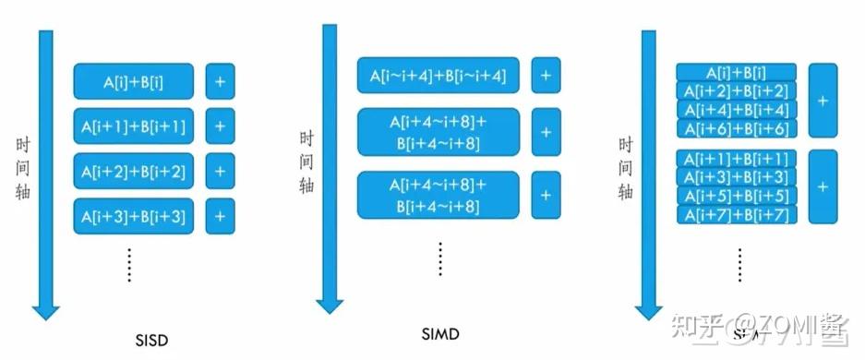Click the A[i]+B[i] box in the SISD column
[x=134, y=81]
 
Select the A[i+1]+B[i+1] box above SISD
[x=134, y=126]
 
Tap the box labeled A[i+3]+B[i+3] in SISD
[x=134, y=217]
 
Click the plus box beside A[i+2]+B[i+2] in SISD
[x=220, y=171]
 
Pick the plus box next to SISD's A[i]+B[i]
[x=220, y=81]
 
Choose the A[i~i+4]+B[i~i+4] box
[x=439, y=75]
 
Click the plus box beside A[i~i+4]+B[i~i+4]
[x=546, y=75]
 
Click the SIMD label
[x=439, y=332]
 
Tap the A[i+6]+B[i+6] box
[x=737, y=127]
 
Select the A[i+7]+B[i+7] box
[x=737, y=214]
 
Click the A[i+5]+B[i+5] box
[x=737, y=196]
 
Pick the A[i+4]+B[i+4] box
[x=737, y=109]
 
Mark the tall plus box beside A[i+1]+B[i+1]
[x=823, y=186]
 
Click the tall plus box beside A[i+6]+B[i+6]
[x=823, y=100]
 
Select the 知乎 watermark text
[x=695, y=326]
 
